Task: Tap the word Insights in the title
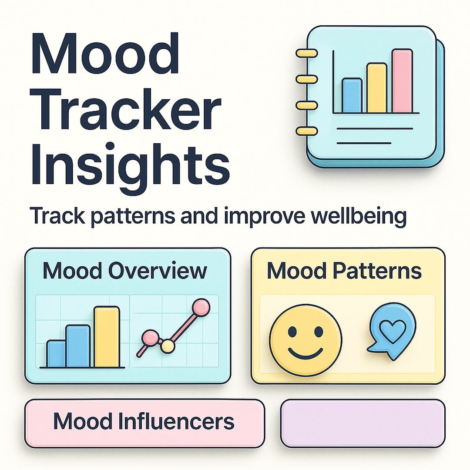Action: point(130,168)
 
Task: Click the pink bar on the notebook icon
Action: point(402,81)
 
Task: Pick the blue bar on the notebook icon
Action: point(352,95)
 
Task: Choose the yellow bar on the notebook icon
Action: point(377,88)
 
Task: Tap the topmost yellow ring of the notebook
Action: point(307,54)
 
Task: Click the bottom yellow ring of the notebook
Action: point(307,131)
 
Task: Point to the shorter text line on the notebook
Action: point(364,143)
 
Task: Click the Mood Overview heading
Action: point(125,271)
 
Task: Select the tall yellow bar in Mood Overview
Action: point(107,337)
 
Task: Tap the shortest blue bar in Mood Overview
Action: point(56,354)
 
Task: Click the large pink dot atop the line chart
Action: point(201,308)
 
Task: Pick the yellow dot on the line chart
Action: point(167,346)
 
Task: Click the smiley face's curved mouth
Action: point(305,354)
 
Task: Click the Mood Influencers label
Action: point(144,421)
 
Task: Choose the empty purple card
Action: point(363,423)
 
